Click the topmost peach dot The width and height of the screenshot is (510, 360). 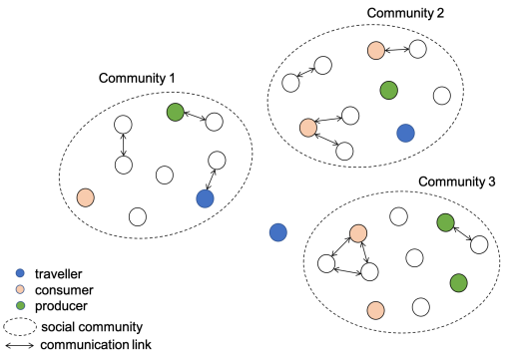tap(376, 51)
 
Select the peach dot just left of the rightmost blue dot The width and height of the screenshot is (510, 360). tap(308, 128)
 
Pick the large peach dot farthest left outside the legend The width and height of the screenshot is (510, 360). tap(86, 197)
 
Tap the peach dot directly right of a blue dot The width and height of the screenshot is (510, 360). tap(358, 233)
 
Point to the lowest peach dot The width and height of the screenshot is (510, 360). tap(375, 310)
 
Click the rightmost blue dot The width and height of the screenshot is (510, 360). tap(405, 134)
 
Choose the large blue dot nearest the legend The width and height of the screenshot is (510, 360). tap(205, 198)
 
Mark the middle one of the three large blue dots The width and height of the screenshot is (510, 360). tap(277, 232)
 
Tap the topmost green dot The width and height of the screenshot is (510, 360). tap(388, 91)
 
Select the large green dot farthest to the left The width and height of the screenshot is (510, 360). tap(176, 112)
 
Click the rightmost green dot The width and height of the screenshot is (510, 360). tap(458, 283)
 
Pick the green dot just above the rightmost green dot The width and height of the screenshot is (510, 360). tap(445, 222)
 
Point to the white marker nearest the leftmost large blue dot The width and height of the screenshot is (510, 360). tap(156, 167)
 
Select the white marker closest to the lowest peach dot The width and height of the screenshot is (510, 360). tap(401, 263)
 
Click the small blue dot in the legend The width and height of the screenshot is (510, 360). tap(20, 273)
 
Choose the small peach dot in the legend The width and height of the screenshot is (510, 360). tap(20, 289)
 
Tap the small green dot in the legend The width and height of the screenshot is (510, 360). tap(20, 305)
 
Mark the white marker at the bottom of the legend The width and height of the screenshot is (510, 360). tap(20, 327)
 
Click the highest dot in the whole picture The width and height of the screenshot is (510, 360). tap(376, 51)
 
